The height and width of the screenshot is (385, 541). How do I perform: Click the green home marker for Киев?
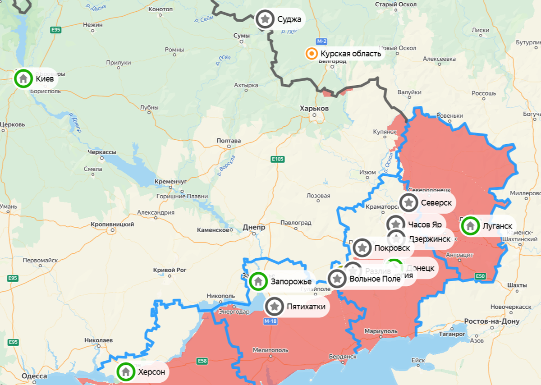[23, 79]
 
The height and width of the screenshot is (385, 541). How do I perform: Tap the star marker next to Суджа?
[266, 19]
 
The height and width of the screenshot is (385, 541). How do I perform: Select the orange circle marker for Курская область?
[311, 54]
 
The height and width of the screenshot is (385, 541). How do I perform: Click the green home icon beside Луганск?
[470, 225]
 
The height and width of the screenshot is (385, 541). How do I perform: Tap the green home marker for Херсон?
[126, 372]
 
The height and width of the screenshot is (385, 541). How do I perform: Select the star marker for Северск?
[409, 203]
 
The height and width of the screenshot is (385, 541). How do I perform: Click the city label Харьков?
[314, 109]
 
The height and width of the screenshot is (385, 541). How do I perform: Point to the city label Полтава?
[229, 141]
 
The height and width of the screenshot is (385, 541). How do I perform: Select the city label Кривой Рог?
[170, 270]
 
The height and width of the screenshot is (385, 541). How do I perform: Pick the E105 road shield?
[277, 159]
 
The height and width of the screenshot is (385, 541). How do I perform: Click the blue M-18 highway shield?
[270, 321]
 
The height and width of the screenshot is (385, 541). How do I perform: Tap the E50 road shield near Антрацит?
[480, 276]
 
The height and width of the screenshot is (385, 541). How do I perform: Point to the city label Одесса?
[34, 376]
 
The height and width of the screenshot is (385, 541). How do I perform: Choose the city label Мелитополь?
[270, 350]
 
